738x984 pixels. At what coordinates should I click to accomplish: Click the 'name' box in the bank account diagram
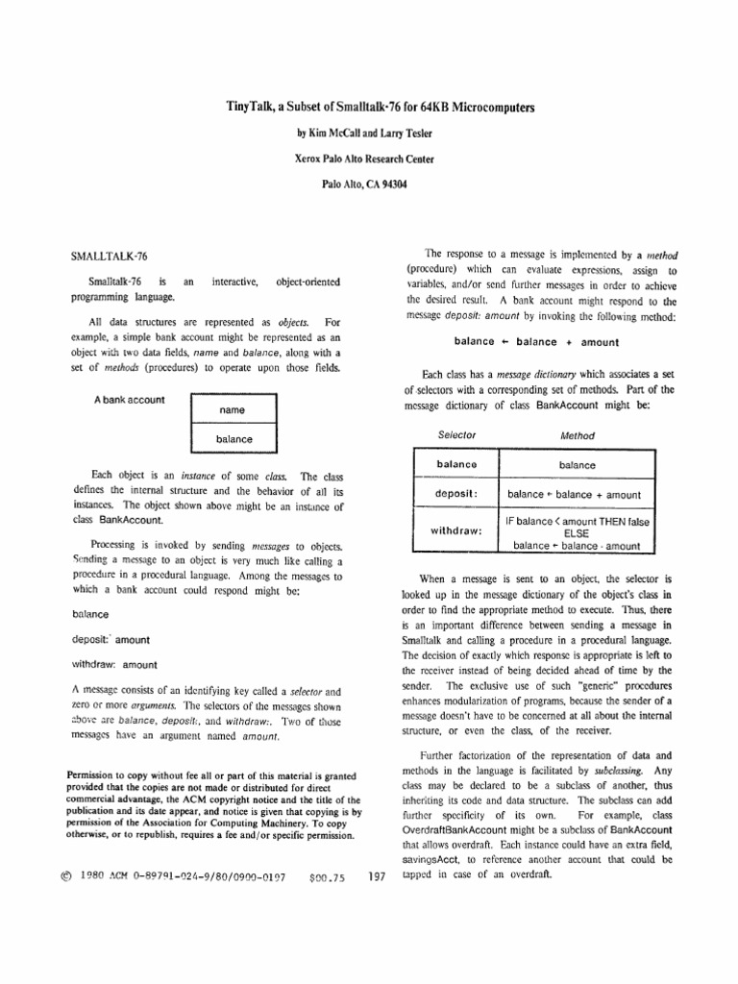[x=233, y=410]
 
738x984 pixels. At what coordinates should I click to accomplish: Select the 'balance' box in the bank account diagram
[x=234, y=439]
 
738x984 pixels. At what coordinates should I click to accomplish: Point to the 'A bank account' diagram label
[x=129, y=400]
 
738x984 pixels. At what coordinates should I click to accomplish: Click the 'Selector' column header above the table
[x=455, y=435]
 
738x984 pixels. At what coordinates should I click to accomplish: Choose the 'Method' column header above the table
[x=578, y=435]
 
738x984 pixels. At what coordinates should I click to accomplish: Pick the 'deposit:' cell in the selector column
[x=456, y=495]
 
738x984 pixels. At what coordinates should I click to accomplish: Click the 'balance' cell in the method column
[x=578, y=465]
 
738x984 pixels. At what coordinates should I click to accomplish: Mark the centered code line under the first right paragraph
[x=536, y=342]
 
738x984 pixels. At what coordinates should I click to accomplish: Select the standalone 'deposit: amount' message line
[x=111, y=639]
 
